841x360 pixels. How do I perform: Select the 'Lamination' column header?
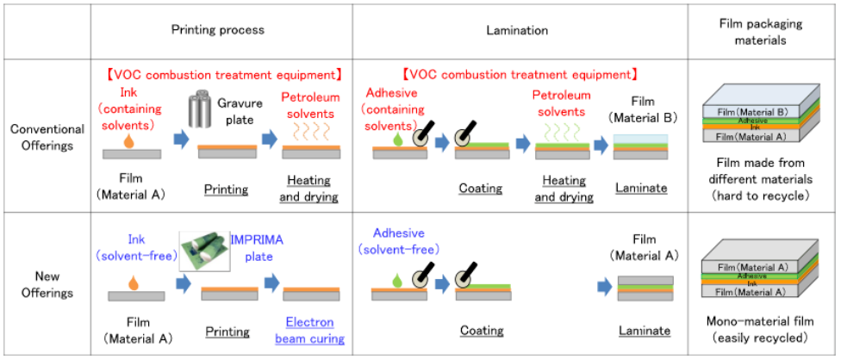[x=517, y=30]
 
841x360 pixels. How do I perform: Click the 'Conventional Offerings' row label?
[x=47, y=136]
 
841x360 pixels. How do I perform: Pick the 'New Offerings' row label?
[x=47, y=285]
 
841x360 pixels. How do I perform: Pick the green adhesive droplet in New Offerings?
[x=397, y=280]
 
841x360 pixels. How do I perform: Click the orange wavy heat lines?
[x=309, y=130]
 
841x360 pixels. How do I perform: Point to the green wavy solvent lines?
[x=562, y=130]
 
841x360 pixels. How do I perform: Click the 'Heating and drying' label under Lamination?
[x=564, y=189]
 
